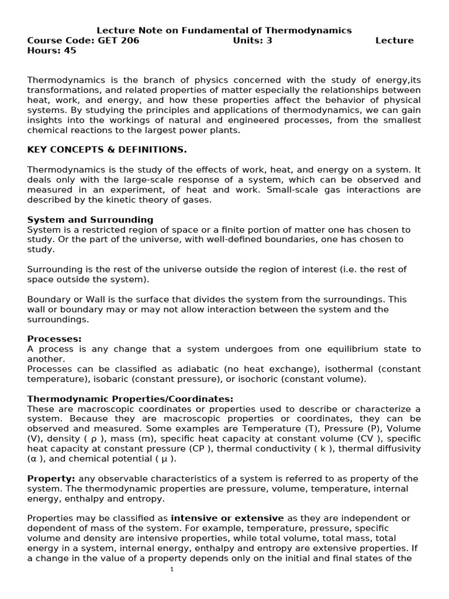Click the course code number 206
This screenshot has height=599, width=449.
coord(129,40)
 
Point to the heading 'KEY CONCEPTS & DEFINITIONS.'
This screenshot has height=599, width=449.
coord(107,150)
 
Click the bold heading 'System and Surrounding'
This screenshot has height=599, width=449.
coord(90,220)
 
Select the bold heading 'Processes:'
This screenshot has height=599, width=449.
coord(54,339)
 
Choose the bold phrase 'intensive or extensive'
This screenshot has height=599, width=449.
coord(227,518)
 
